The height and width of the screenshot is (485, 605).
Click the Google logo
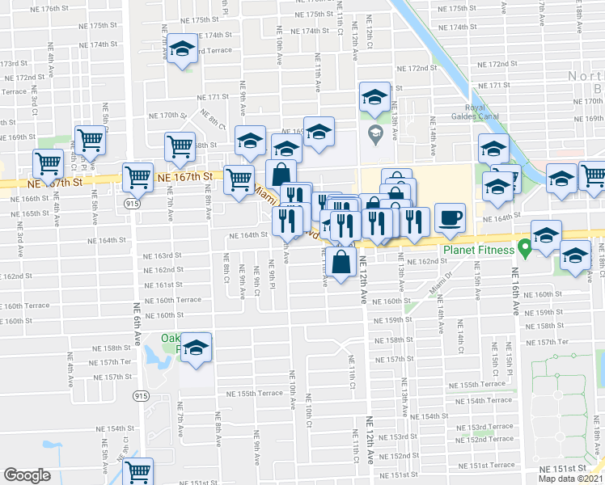pyautogui.click(x=27, y=474)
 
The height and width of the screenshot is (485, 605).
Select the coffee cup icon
pyautogui.click(x=449, y=217)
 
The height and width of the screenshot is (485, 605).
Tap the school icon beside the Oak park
pyautogui.click(x=195, y=348)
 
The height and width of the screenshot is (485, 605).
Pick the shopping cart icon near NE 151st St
pyautogui.click(x=138, y=470)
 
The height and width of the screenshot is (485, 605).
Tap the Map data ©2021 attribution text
pyautogui.click(x=570, y=479)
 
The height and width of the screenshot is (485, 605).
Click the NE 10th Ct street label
pyautogui.click(x=308, y=412)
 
